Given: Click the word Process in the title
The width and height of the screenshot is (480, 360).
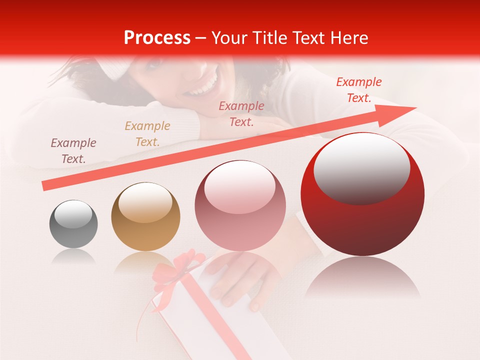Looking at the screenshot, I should click(x=157, y=38).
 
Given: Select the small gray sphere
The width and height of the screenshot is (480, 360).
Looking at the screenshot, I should click(x=73, y=224).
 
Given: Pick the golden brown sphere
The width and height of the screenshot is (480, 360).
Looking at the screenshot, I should click(x=145, y=216).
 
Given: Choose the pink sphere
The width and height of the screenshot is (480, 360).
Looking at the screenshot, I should click(x=240, y=206).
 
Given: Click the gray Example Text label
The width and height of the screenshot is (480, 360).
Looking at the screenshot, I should click(x=73, y=151).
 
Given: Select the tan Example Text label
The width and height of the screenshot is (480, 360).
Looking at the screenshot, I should click(x=147, y=134).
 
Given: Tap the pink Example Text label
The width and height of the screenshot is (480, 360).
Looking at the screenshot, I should click(x=241, y=113).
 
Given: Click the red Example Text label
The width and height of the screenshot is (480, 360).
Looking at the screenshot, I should click(x=359, y=90).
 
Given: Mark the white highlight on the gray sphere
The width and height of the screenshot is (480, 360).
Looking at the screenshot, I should click(x=73, y=215).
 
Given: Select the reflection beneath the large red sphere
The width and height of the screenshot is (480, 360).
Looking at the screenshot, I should click(x=362, y=277).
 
